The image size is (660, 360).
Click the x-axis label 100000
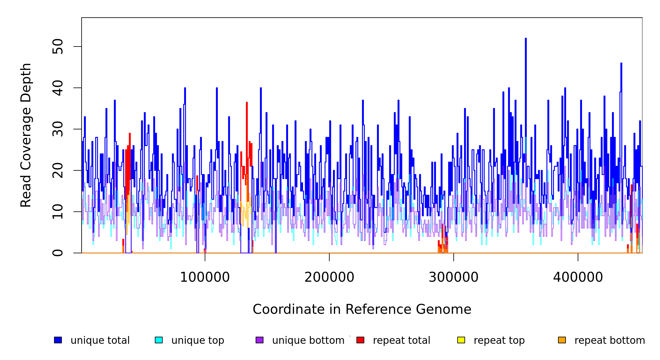tap(205, 277)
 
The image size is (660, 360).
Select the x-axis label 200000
tap(329, 277)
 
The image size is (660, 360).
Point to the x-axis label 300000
tap(453, 277)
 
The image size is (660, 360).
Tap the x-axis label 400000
tap(578, 277)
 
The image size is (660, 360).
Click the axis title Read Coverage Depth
tap(26, 135)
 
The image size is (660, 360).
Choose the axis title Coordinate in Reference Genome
tap(362, 310)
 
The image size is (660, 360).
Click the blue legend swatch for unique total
tap(58, 340)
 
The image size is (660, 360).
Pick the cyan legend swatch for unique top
tap(159, 340)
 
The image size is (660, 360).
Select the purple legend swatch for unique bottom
tap(259, 340)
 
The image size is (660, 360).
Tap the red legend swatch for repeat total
tap(360, 340)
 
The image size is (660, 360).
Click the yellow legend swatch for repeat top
tap(461, 340)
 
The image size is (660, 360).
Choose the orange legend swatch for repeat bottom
tap(562, 340)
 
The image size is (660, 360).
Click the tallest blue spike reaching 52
tap(526, 39)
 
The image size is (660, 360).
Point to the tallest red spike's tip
tap(247, 103)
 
